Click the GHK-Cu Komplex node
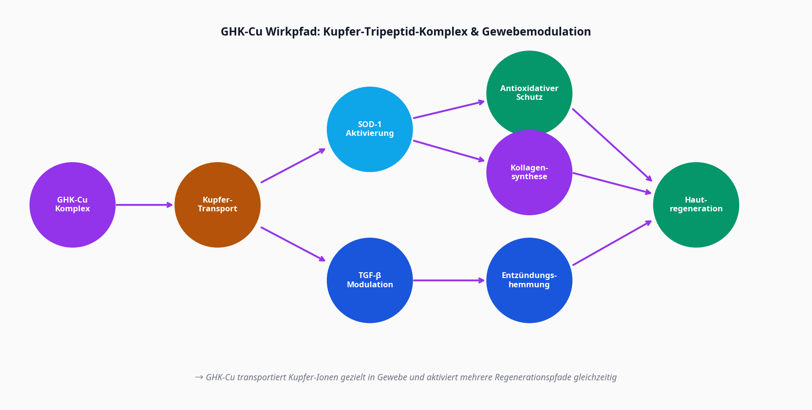(x=73, y=205)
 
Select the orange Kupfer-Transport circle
(x=217, y=205)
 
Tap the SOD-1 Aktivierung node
(x=370, y=129)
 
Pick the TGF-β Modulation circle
(x=370, y=280)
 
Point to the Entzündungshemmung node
(x=529, y=280)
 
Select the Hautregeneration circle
(x=696, y=205)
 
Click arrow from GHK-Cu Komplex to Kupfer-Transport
(x=144, y=205)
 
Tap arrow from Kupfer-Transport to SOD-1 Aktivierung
(x=293, y=166)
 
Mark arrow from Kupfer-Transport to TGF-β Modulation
(x=293, y=244)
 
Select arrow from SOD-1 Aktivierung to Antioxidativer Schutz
(x=449, y=110)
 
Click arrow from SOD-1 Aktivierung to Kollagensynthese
(x=449, y=150)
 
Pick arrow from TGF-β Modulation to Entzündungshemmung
(x=449, y=280)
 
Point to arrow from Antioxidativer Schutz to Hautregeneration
(x=612, y=145)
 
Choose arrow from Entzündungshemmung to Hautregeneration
(x=612, y=243)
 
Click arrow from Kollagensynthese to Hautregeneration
(x=612, y=183)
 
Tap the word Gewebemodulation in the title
(x=536, y=32)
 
